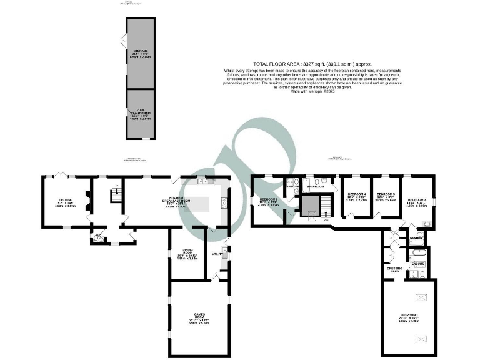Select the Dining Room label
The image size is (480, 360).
coord(187,254)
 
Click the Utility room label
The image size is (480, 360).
coord(217,254)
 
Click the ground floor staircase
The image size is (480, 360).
coord(114,196)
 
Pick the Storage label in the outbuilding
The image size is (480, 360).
coord(141,52)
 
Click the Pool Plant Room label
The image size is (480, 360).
coord(141,114)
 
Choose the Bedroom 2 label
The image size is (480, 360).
coord(269,201)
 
